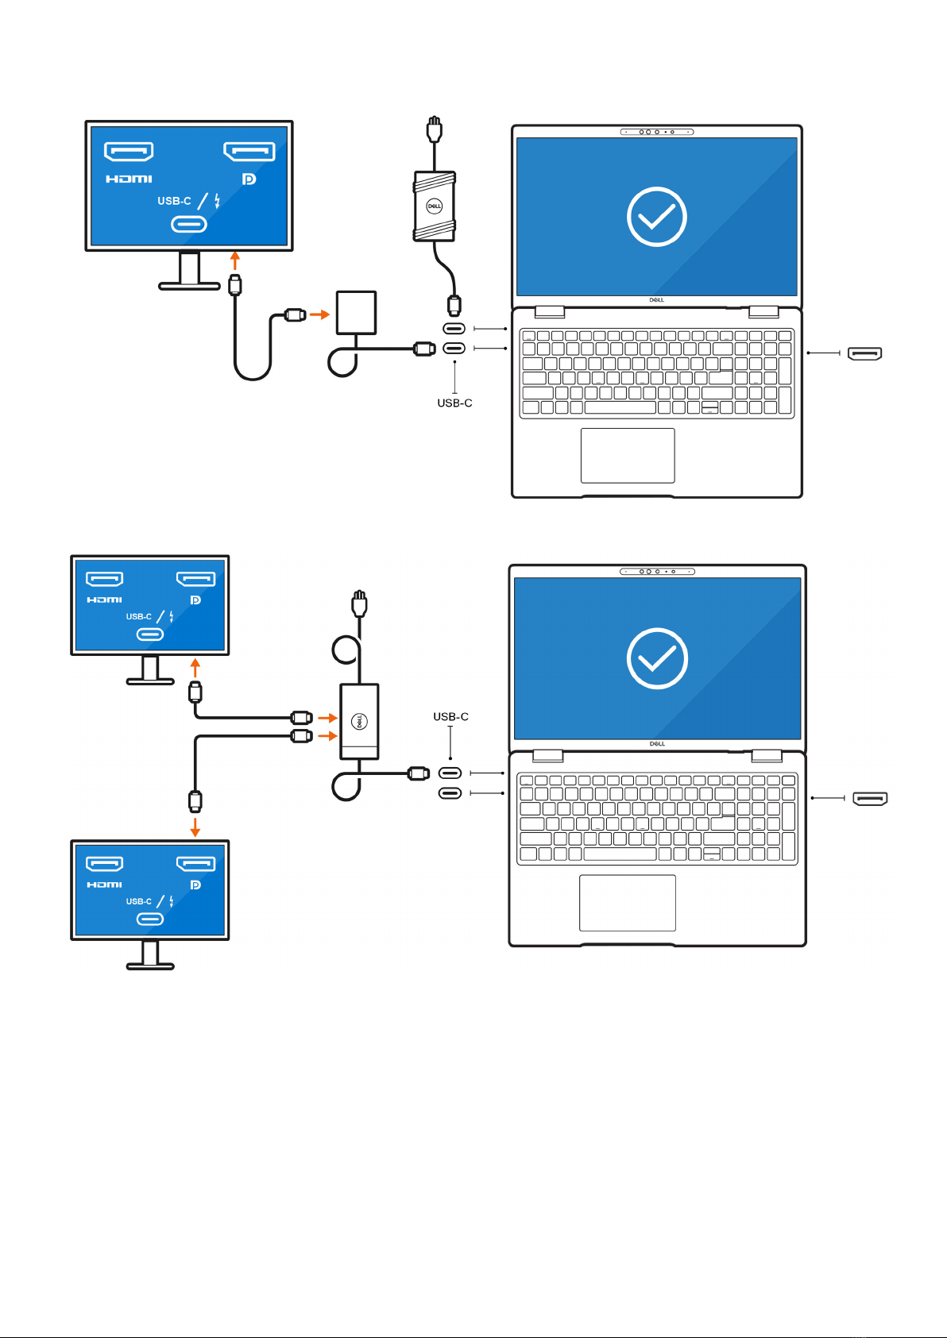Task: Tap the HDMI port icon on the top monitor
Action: click(129, 152)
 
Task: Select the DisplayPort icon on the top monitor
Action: click(249, 152)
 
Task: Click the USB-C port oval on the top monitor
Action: click(189, 224)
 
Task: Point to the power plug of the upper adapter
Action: click(435, 129)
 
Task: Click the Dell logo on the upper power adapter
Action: click(435, 206)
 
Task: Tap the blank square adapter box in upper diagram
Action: click(356, 312)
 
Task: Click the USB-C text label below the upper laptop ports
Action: click(454, 403)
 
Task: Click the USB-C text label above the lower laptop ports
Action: click(450, 716)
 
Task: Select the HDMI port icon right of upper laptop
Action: click(864, 353)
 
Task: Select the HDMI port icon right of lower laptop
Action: click(870, 798)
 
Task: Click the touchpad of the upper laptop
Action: click(628, 455)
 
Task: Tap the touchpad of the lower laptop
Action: click(628, 903)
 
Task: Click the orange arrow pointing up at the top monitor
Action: click(235, 260)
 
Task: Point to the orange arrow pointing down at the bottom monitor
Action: click(195, 827)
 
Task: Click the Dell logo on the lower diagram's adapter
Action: click(359, 721)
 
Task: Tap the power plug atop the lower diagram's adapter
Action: click(359, 603)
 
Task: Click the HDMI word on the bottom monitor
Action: click(105, 885)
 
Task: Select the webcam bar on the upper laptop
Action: click(657, 131)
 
